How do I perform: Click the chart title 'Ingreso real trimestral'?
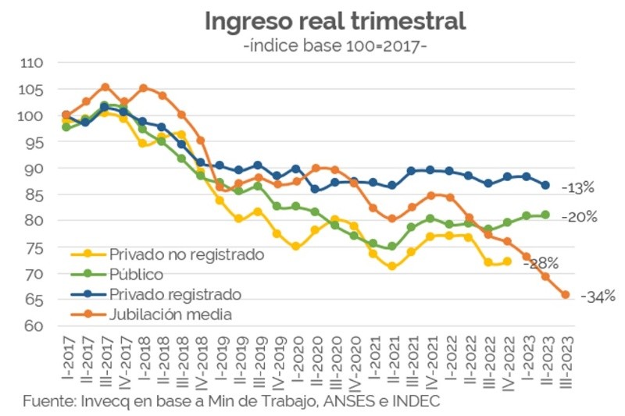[x=334, y=21]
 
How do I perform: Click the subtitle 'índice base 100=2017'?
[x=335, y=46]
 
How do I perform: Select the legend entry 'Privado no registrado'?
[x=186, y=254]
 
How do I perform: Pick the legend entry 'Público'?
[x=136, y=275]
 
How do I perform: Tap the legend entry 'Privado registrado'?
[x=175, y=294]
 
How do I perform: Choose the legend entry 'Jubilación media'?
[x=171, y=315]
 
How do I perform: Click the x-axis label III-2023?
[x=566, y=359]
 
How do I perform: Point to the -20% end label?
[x=579, y=217]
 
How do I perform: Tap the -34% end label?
[x=598, y=297]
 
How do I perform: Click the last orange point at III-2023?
[x=566, y=295]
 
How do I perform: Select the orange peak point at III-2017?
[x=105, y=87]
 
